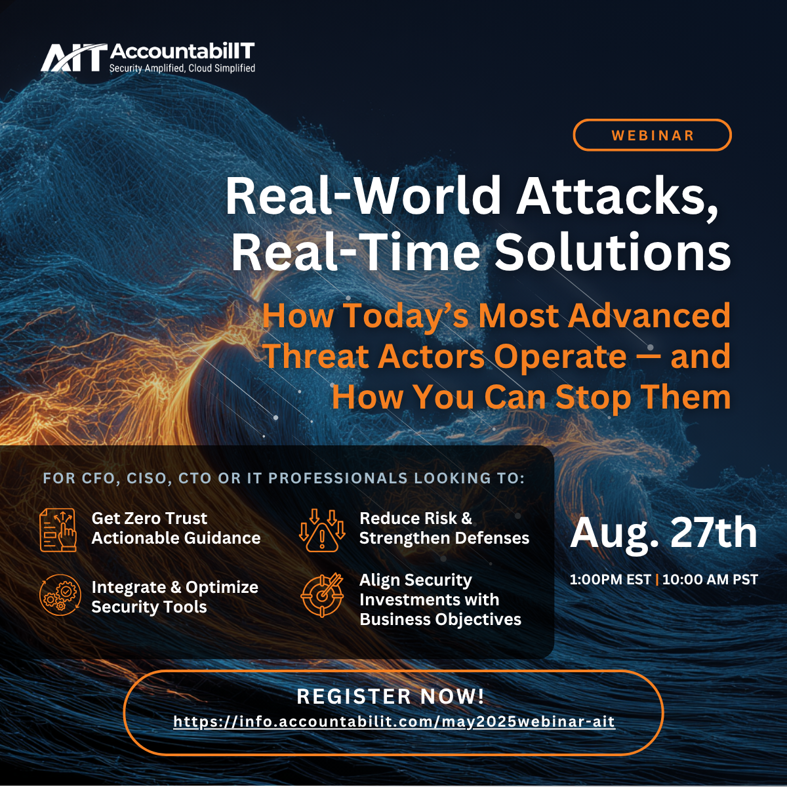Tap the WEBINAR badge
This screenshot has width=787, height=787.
[652, 135]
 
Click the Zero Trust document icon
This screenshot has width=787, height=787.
[58, 530]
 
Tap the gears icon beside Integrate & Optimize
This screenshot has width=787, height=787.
[58, 595]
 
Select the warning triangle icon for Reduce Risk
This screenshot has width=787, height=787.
[322, 530]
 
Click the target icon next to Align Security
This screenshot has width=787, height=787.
[322, 595]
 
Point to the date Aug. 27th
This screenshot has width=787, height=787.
[663, 533]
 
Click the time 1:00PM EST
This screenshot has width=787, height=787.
[610, 580]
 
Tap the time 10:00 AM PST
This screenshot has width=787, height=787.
[710, 580]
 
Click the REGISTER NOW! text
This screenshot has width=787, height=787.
[391, 696]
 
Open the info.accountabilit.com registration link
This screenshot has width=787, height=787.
[394, 721]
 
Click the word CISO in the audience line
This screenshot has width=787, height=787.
[149, 478]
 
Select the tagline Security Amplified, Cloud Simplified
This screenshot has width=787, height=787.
[182, 68]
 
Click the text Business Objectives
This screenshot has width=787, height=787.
[440, 620]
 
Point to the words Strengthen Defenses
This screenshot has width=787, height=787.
[445, 538]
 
